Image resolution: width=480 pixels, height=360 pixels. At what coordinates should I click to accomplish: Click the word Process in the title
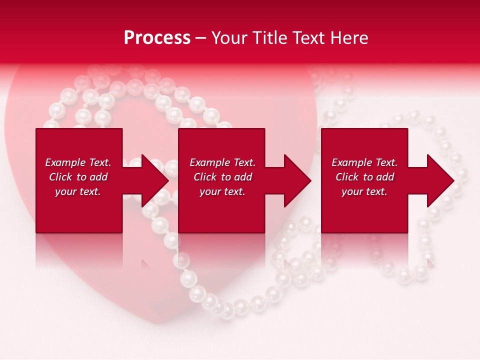coord(157,38)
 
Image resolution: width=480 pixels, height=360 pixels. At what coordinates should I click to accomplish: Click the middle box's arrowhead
coord(297,180)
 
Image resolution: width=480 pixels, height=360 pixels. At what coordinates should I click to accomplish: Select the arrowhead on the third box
coord(440,180)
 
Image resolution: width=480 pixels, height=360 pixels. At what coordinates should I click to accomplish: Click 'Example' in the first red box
coord(65,162)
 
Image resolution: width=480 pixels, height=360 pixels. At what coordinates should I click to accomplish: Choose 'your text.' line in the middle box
coord(222,191)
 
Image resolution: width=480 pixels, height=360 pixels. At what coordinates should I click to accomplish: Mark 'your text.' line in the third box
coord(364,191)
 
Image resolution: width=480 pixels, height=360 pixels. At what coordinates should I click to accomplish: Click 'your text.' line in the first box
coord(78,191)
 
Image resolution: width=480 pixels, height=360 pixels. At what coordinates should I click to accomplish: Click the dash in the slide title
coord(200,38)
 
